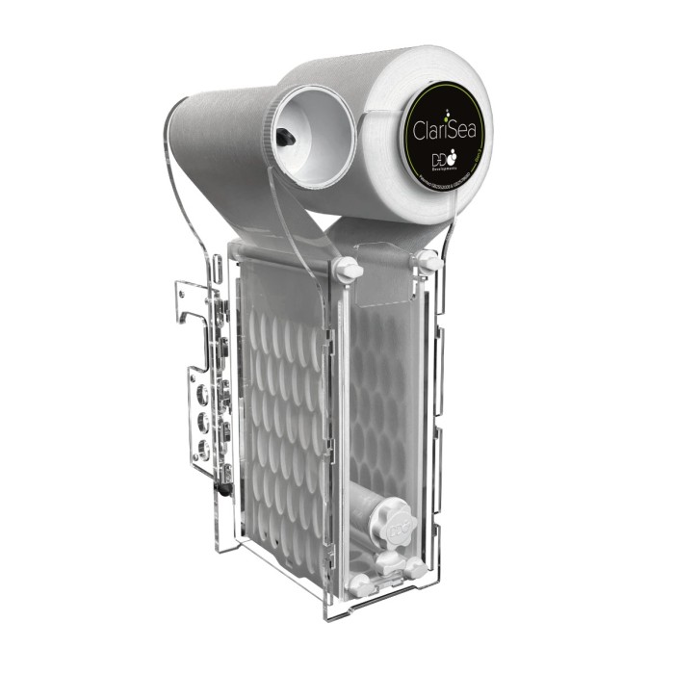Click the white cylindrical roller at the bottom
[371, 508]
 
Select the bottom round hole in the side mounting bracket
[203, 449]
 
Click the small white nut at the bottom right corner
[417, 568]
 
